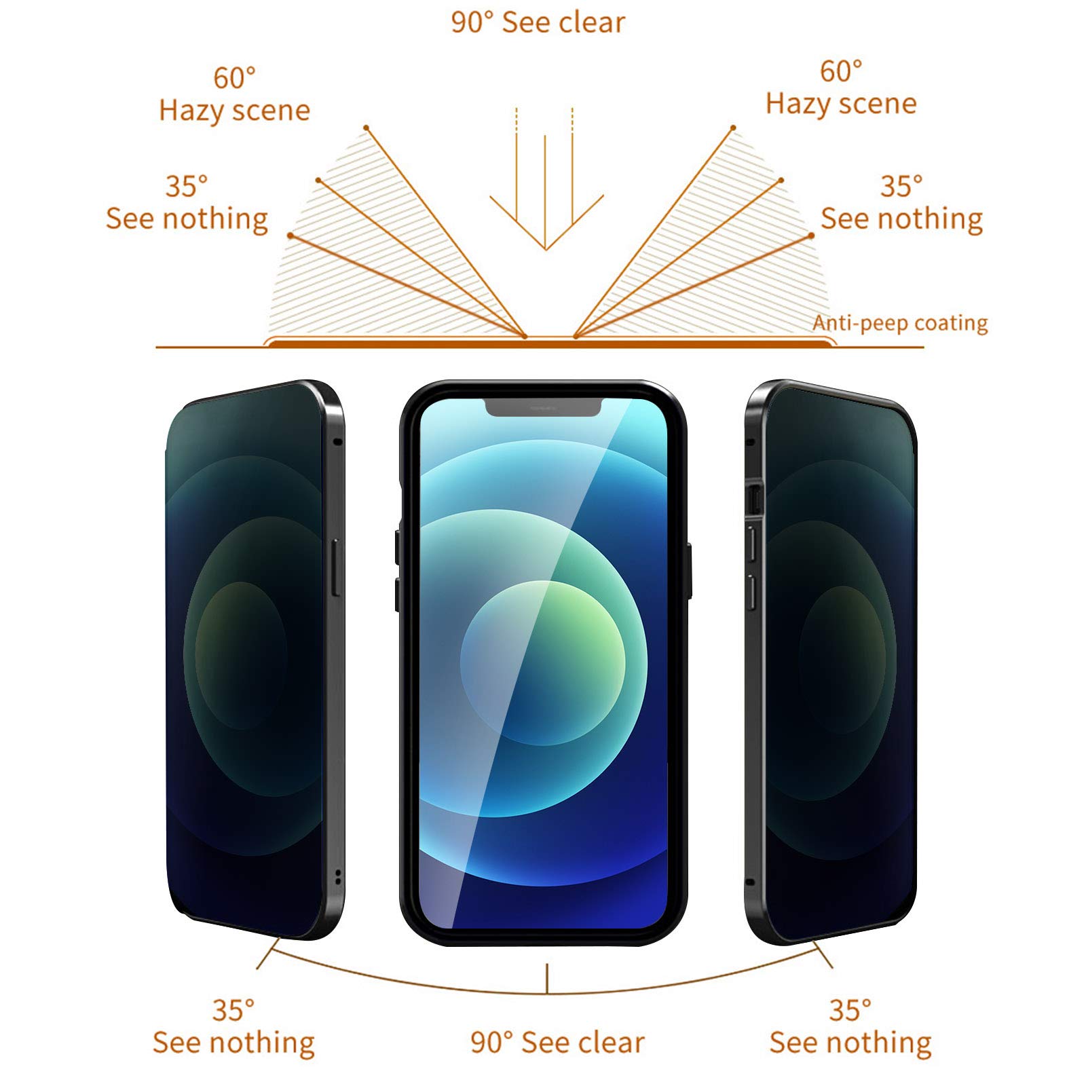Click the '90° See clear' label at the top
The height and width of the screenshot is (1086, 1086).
pyautogui.click(x=538, y=22)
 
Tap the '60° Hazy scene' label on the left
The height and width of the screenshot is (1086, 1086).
pyautogui.click(x=234, y=94)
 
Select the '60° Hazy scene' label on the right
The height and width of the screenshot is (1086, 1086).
pyautogui.click(x=841, y=88)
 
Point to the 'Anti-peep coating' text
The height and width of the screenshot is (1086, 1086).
pyautogui.click(x=900, y=323)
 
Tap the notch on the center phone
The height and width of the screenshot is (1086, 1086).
pyautogui.click(x=543, y=407)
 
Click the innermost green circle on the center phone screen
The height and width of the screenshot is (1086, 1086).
pyautogui.click(x=542, y=662)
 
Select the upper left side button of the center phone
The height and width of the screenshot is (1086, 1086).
pyautogui.click(x=398, y=546)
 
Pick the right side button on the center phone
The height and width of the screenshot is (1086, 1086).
pyautogui.click(x=688, y=570)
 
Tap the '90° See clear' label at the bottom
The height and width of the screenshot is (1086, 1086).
pyautogui.click(x=557, y=1042)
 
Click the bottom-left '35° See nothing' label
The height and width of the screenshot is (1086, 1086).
pyautogui.click(x=233, y=1026)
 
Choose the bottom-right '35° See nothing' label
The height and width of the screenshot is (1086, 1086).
pyautogui.click(x=850, y=1026)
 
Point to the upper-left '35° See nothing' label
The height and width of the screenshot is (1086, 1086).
pyautogui.click(x=187, y=202)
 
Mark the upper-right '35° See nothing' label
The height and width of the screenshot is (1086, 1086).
pyautogui.click(x=901, y=202)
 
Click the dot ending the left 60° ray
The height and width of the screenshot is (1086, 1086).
pyautogui.click(x=366, y=128)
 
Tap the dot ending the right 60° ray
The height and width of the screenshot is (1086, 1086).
pyautogui.click(x=733, y=128)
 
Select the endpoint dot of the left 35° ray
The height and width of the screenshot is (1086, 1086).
pyautogui.click(x=290, y=236)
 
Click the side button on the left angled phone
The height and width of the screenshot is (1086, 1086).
pyautogui.click(x=334, y=568)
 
